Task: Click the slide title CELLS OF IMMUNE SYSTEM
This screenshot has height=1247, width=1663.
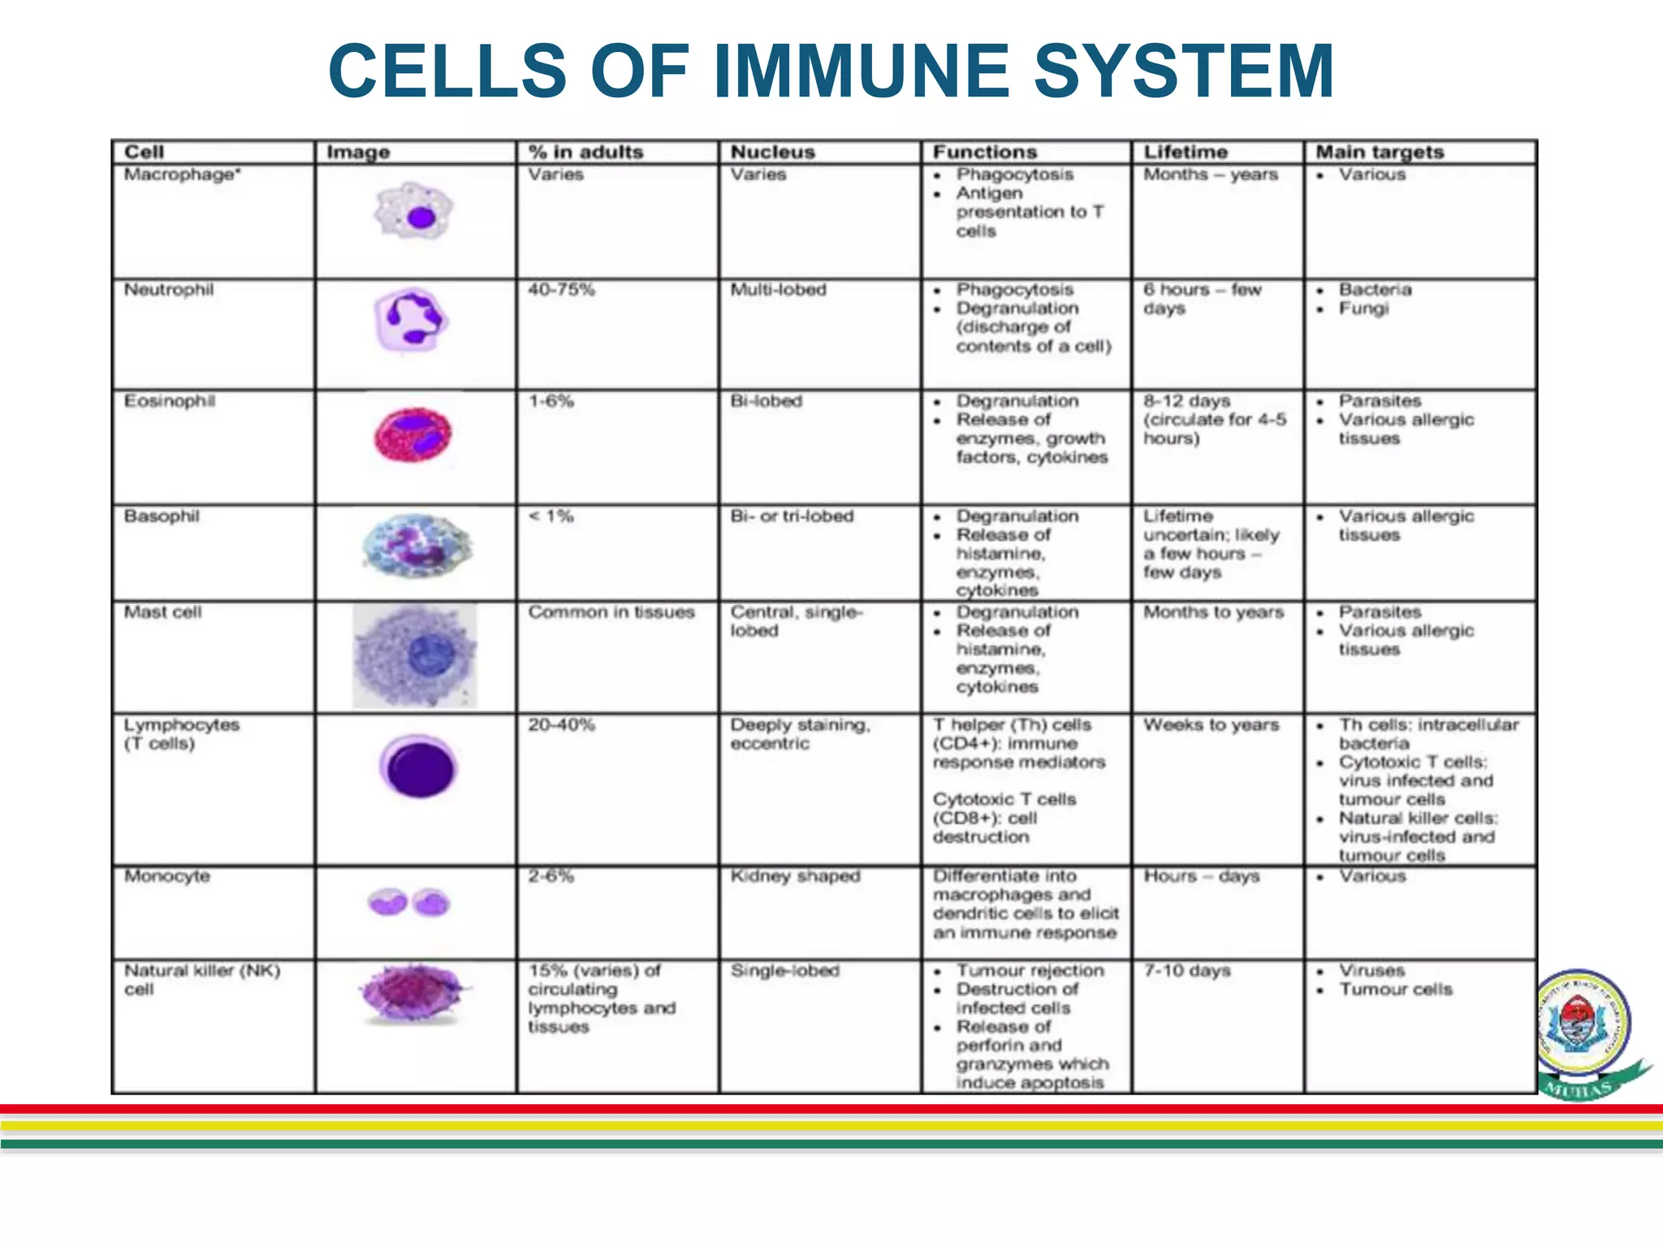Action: [x=831, y=71]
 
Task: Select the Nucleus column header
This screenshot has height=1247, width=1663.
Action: [x=772, y=152]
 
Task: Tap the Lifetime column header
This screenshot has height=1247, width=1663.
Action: [x=1186, y=152]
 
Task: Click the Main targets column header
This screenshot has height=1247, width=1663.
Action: [x=1380, y=152]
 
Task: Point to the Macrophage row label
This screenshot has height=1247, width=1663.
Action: [x=182, y=175]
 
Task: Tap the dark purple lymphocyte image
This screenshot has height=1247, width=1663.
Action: [x=419, y=766]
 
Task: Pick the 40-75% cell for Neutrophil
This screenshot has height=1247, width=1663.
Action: [x=561, y=290]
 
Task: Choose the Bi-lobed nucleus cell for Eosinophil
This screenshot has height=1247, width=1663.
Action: [x=766, y=401]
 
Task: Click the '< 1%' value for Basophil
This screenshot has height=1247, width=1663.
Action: [x=551, y=516]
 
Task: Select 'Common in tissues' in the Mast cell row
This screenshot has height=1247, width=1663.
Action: [x=611, y=612]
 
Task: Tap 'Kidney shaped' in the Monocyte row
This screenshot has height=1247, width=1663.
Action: [x=795, y=876]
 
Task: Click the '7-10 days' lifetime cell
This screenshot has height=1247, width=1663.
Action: [x=1187, y=970]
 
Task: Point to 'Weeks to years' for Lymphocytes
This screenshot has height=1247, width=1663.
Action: [x=1211, y=724]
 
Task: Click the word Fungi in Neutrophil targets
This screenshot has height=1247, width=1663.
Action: [x=1363, y=309]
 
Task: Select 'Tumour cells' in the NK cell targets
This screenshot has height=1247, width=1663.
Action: [x=1395, y=989]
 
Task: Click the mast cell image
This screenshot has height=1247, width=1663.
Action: [x=416, y=656]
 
